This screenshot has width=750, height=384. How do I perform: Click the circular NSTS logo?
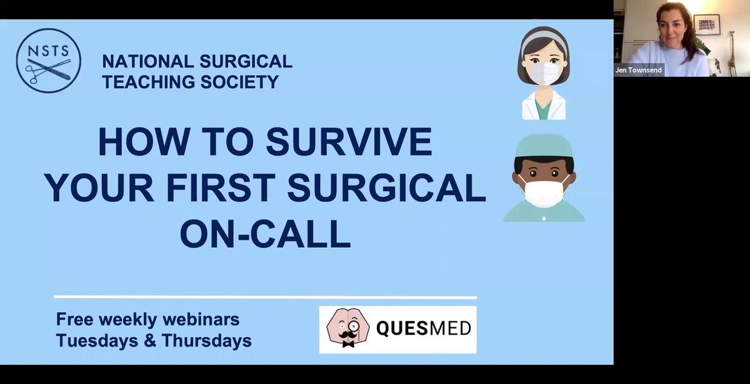49,60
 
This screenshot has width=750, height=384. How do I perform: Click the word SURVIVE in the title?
349,142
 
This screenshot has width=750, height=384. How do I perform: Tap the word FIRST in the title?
221,188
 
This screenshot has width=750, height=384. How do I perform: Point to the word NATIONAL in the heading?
147,62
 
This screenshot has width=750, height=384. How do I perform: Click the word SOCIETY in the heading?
239,82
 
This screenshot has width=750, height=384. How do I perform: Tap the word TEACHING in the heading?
148,82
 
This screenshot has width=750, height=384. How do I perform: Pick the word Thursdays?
207,341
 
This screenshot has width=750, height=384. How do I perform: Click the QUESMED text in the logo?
424,328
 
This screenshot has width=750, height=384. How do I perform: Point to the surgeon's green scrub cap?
544,147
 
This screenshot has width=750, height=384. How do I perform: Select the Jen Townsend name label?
639,70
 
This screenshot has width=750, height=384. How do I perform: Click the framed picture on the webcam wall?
707,24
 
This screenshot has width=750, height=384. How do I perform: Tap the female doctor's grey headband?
544,39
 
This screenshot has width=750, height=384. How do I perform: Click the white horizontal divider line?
265,297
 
